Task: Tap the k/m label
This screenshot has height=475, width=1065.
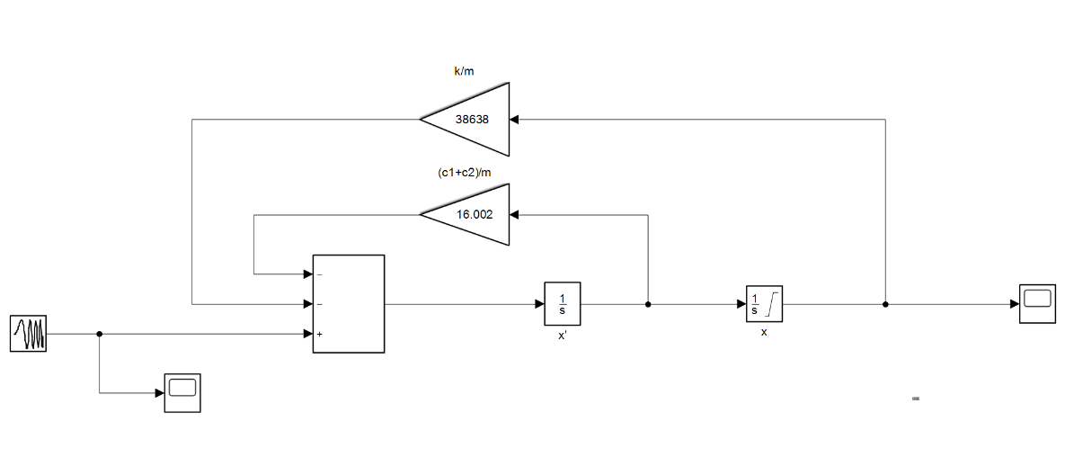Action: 464,71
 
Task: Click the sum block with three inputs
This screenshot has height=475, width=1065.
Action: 348,304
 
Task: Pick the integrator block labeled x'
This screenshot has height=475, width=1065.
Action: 563,304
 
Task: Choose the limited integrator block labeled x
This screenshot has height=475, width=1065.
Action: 765,304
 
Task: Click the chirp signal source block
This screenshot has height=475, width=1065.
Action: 28,334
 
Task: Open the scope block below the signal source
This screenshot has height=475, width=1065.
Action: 182,392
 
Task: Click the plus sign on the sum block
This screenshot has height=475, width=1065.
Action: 320,335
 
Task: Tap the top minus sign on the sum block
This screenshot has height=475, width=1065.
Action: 320,274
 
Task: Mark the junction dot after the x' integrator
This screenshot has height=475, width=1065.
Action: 648,304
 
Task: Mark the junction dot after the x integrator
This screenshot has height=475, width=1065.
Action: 885,304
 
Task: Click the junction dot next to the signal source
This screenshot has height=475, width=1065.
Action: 99,334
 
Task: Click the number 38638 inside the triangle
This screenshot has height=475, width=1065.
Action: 472,119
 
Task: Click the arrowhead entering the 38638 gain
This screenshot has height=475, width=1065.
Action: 514,119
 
